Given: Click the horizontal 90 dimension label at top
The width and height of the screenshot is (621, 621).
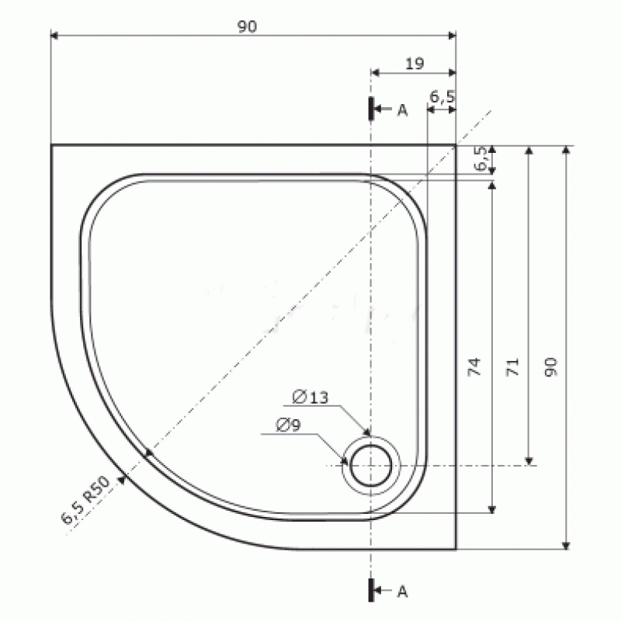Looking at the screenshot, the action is click(247, 26).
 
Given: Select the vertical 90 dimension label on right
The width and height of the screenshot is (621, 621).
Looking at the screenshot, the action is click(551, 366).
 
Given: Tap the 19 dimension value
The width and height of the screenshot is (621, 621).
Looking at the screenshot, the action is click(415, 64).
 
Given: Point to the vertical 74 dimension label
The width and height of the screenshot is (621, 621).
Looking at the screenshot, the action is click(474, 366).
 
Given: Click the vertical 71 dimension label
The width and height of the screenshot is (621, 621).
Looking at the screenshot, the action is click(512, 366).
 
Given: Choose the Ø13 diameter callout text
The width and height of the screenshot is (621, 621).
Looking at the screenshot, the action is click(310, 397).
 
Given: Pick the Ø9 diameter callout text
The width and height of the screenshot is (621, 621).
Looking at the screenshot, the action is click(288, 425).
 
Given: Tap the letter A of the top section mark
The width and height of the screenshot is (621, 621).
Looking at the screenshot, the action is click(402, 110).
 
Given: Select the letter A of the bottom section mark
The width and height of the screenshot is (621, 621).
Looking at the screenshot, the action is click(402, 592).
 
